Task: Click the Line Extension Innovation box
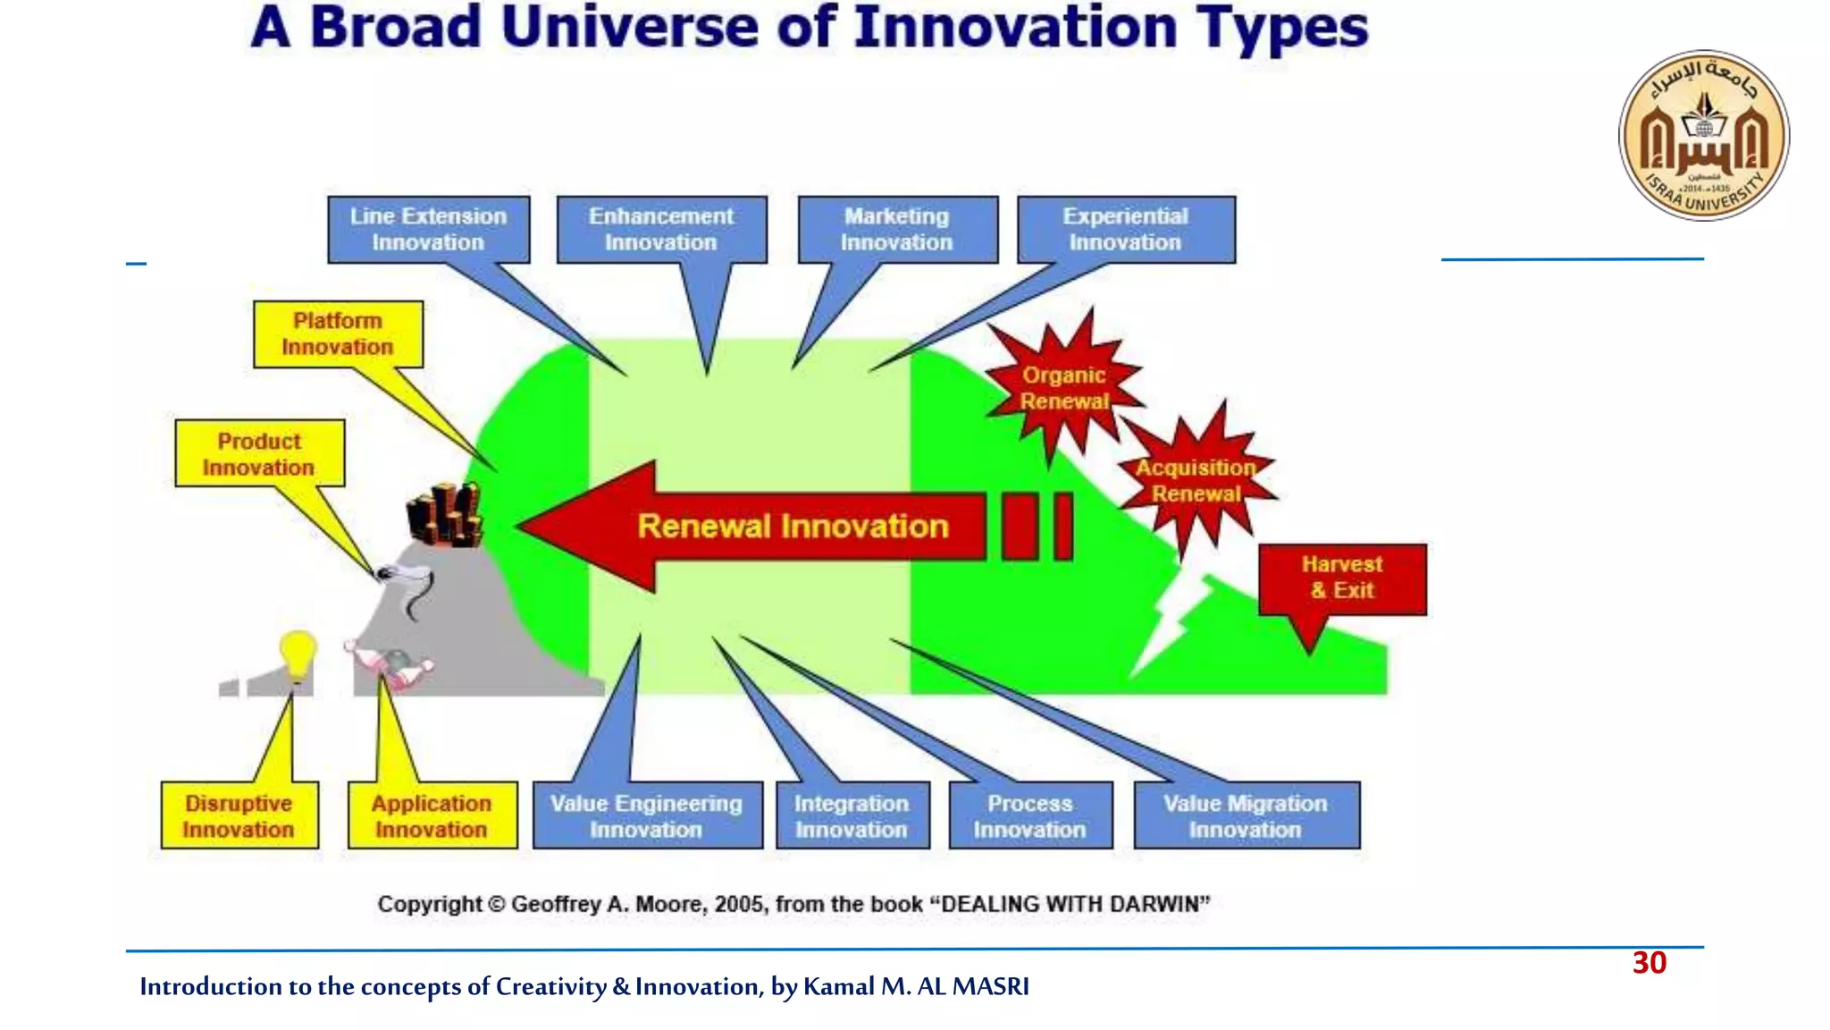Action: coord(428,230)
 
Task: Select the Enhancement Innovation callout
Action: coord(661,230)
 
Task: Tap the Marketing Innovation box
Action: coord(897,230)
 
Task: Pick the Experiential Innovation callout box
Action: coord(1126,230)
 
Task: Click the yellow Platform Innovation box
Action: coord(338,334)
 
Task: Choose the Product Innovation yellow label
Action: coord(259,454)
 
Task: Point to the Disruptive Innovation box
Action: coord(239,816)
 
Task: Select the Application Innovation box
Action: coord(432,816)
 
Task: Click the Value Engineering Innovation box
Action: coord(647,816)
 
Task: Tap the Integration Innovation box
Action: coord(852,816)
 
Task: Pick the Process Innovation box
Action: coord(1030,816)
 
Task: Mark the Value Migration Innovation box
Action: coord(1246,816)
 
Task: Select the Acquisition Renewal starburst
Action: coord(1196,481)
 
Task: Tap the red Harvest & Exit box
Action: coord(1342,578)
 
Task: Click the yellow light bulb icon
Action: coord(298,655)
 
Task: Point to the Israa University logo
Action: coord(1704,136)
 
